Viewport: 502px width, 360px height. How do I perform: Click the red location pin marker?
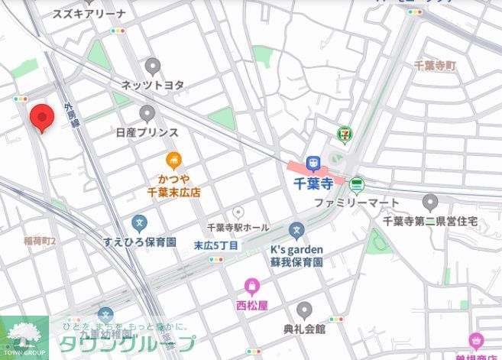(x=42, y=119)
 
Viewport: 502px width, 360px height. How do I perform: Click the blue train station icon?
(x=313, y=164)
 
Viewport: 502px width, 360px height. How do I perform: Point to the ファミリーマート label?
(x=357, y=203)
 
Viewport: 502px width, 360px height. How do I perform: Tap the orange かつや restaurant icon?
(x=174, y=160)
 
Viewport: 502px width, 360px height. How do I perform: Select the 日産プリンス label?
(x=147, y=132)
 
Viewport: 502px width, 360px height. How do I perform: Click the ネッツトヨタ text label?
(x=153, y=85)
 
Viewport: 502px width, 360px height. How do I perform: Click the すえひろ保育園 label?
(x=140, y=242)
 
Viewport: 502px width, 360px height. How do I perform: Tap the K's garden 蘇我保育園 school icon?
(x=296, y=230)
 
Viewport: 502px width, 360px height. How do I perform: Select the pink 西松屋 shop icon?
(x=252, y=287)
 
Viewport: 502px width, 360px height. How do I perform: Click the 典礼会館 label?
(x=304, y=329)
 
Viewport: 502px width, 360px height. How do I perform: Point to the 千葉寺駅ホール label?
(x=238, y=228)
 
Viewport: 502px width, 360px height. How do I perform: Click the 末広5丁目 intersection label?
(x=216, y=245)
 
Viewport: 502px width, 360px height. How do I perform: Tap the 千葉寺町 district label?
(x=435, y=66)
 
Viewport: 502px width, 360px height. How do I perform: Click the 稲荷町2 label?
(x=40, y=242)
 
